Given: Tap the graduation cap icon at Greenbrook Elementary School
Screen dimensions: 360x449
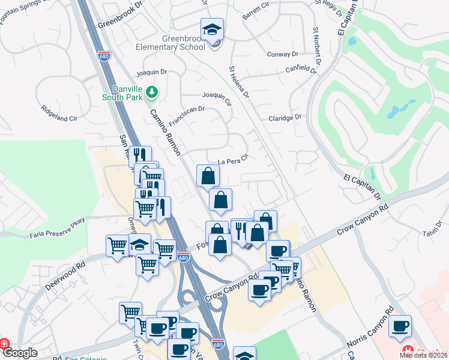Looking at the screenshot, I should [211, 30].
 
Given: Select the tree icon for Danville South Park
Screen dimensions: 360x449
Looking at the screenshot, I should [152, 91].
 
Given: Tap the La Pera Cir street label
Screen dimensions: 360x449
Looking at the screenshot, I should [233, 161].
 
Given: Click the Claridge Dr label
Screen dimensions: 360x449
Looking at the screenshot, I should [285, 118].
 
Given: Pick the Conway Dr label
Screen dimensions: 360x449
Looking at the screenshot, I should [282, 54].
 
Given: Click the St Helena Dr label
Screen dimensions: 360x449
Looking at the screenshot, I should [238, 82].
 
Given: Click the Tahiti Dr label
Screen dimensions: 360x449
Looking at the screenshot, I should [432, 230].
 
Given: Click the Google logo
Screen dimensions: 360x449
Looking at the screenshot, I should [20, 353].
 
